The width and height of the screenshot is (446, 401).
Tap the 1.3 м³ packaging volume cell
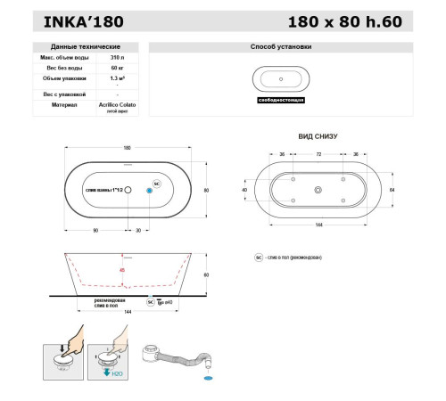click(x=117, y=79)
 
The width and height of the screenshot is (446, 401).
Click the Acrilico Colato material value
click(x=117, y=103)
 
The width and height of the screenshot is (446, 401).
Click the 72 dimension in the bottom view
click(x=318, y=153)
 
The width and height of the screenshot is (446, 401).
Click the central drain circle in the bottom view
click(x=318, y=190)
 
